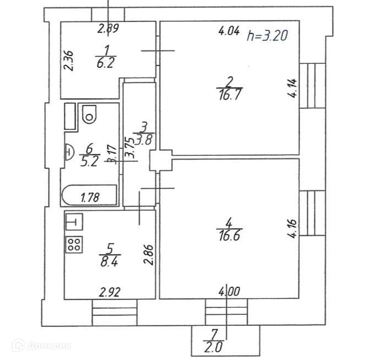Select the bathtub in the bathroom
tap(90, 195)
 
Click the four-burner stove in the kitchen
tap(75, 244)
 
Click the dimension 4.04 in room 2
tap(228, 31)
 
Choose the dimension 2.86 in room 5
tap(148, 255)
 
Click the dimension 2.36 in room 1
tap(68, 62)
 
